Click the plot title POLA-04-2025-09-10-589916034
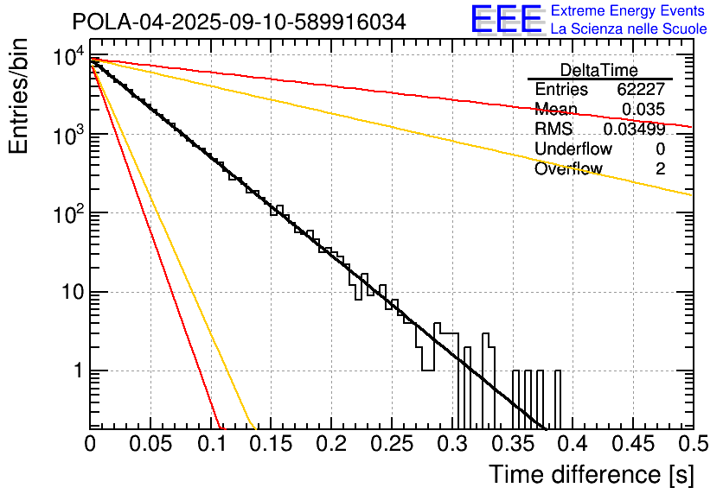[239, 22]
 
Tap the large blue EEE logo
[506, 19]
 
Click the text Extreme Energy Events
[629, 11]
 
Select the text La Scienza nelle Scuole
[629, 28]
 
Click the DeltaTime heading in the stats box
[599, 71]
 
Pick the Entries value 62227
[641, 90]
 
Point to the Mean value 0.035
[643, 109]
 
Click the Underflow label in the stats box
[573, 149]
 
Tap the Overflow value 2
[660, 168]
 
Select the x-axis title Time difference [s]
[591, 474]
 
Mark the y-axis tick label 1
[76, 371]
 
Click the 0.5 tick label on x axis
[691, 444]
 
